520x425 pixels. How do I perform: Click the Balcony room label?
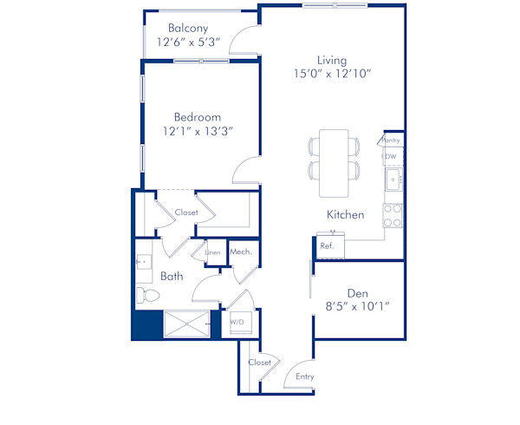click(187, 27)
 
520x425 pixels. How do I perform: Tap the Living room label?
click(331, 60)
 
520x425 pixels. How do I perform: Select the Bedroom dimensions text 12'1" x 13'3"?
click(198, 131)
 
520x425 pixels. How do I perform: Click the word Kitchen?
click(345, 214)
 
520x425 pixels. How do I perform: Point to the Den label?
click(359, 292)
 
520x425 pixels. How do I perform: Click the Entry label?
click(305, 376)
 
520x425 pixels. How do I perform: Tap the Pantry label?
click(391, 140)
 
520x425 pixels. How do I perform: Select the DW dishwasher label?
click(391, 157)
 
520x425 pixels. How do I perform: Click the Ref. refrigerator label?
click(327, 245)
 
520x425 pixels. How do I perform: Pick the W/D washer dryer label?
click(237, 323)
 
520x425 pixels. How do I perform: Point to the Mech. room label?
click(240, 252)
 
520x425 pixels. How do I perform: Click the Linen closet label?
click(212, 252)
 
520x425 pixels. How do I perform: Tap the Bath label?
click(172, 277)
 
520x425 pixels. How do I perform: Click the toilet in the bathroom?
click(146, 296)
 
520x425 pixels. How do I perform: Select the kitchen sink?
click(393, 180)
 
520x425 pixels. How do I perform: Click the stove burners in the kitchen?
click(393, 214)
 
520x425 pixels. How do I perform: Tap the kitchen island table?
click(335, 163)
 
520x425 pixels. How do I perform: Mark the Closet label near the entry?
click(259, 363)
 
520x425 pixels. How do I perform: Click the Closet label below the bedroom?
click(186, 212)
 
